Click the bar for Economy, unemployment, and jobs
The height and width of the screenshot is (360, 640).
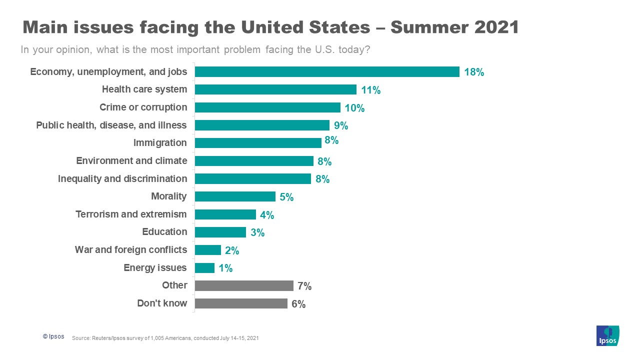pos(327,71)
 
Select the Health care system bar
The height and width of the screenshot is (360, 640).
pos(275,89)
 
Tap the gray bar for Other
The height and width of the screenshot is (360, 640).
pos(244,285)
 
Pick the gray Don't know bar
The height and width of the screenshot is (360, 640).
pos(241,303)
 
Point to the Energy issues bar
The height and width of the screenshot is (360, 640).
pos(204,268)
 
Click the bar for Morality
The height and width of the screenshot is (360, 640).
pos(235,196)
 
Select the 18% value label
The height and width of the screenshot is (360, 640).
pos(474,72)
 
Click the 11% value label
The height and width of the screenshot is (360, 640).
pos(371,90)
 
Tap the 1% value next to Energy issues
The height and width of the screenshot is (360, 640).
pos(225,268)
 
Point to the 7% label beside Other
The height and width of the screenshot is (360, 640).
pos(304,286)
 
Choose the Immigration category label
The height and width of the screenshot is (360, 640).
pos(160,143)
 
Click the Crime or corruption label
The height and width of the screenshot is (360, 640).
pos(143,107)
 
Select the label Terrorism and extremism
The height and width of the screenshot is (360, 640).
pos(131,214)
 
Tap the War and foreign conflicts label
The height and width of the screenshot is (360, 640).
pos(131,250)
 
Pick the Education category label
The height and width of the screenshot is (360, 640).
pos(164,232)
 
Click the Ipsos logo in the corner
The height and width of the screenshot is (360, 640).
pos(607,335)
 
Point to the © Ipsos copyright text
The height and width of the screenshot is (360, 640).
pos(53,337)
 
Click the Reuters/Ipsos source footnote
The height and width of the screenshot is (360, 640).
pos(165,338)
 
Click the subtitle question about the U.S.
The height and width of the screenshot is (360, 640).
pos(195,50)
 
